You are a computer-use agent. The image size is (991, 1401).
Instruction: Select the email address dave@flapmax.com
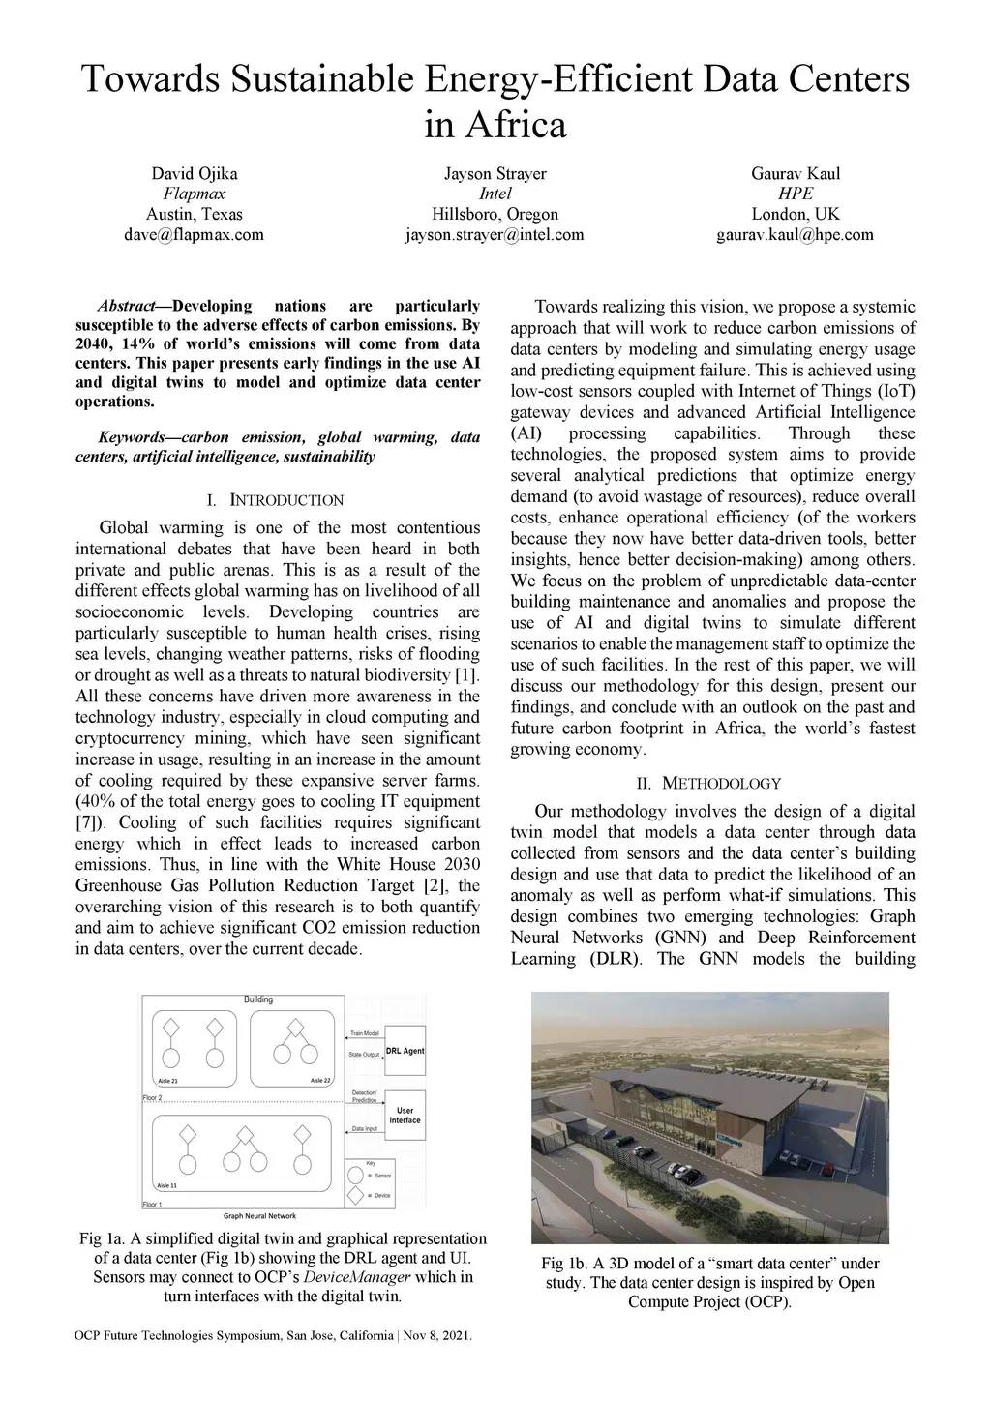[x=194, y=234]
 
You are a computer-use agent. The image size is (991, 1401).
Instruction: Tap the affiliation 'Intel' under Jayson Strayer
[x=495, y=194]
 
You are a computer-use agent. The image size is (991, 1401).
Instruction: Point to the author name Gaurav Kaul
[x=795, y=174]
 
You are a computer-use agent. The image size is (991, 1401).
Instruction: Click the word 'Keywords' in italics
[x=137, y=437]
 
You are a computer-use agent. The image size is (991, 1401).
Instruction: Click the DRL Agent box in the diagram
[x=405, y=1051]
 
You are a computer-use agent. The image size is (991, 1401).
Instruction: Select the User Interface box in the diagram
[x=405, y=1116]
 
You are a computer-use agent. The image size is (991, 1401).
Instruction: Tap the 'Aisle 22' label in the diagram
[x=319, y=1081]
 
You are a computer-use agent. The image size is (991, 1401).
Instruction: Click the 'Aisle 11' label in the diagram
[x=166, y=1184]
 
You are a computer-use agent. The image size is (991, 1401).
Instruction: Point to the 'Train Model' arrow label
[x=365, y=1034]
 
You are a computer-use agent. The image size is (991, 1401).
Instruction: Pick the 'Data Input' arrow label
[x=365, y=1129]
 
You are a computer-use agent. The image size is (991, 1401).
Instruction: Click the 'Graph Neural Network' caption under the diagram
[x=260, y=1216]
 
